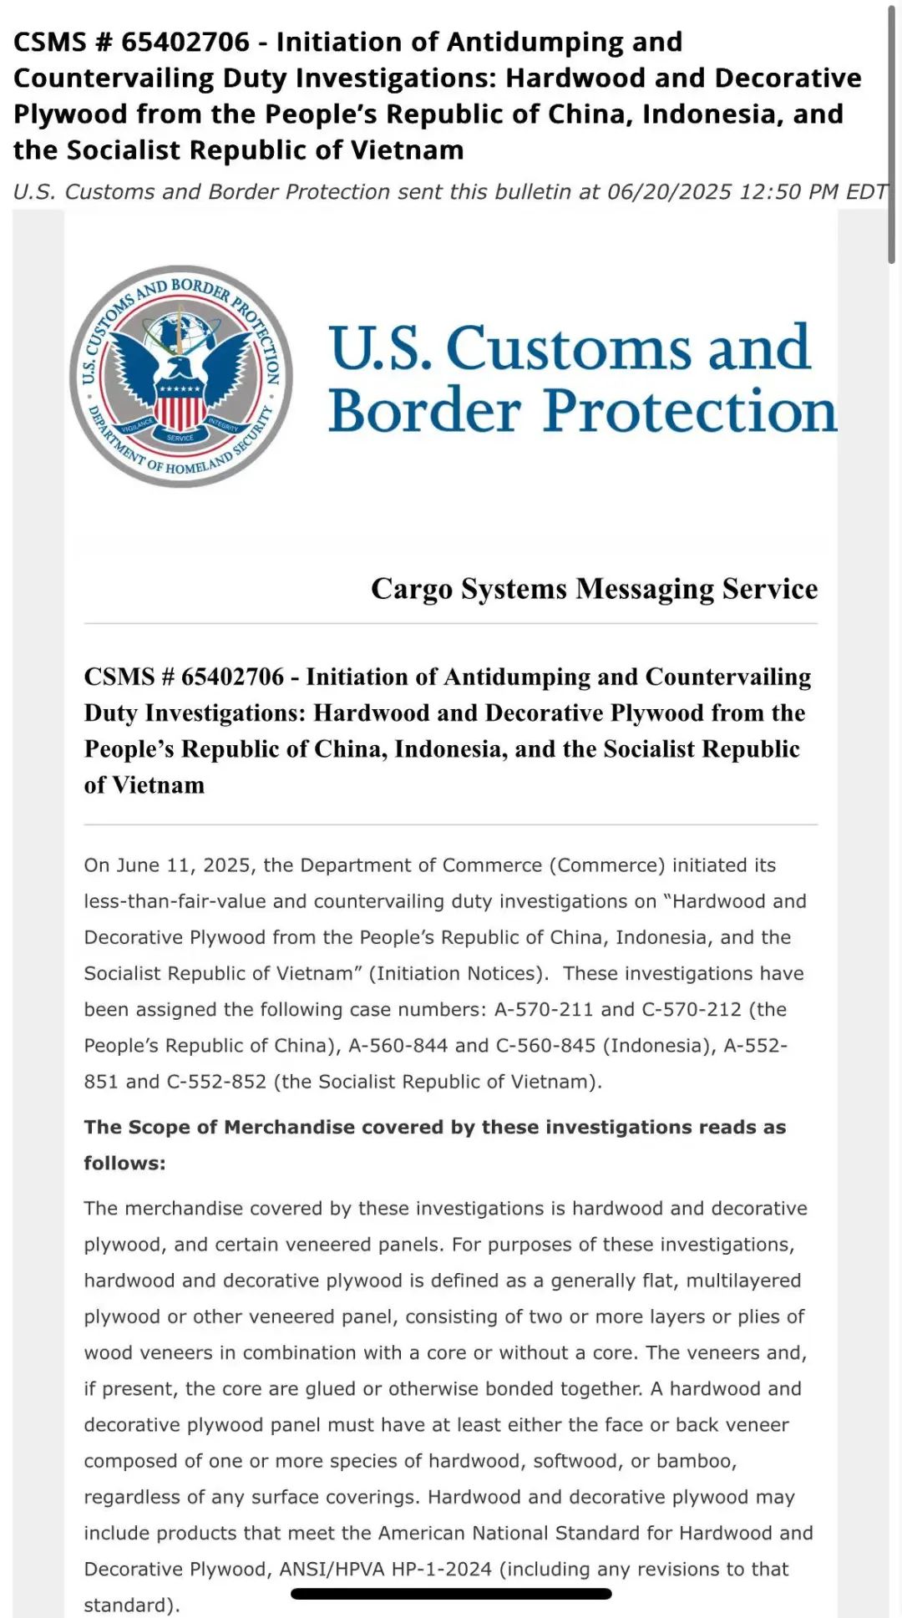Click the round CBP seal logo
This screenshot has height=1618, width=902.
(x=181, y=377)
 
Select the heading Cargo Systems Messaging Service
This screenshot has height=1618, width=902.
(x=594, y=589)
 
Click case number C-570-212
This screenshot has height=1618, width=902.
(x=691, y=1009)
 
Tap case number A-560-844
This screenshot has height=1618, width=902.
(x=398, y=1045)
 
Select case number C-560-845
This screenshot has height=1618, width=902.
(x=545, y=1045)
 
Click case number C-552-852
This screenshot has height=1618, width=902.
(x=216, y=1081)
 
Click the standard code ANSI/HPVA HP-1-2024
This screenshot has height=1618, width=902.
(x=385, y=1569)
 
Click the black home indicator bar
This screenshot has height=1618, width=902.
(x=451, y=1594)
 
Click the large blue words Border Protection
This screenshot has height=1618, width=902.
(x=582, y=411)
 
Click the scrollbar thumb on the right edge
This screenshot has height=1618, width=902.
(x=891, y=134)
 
